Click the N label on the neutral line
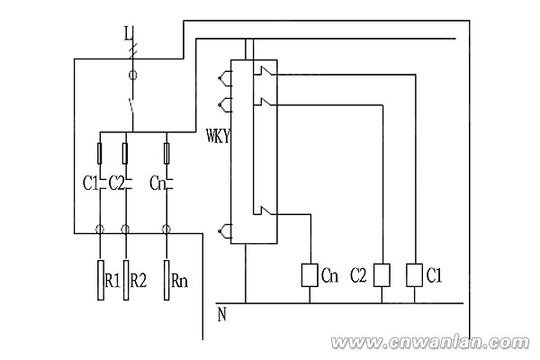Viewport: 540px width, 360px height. click(221, 314)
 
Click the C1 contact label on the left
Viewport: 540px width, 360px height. click(89, 184)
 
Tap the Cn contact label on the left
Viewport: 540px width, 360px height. click(157, 184)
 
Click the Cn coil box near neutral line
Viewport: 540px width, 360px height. click(309, 274)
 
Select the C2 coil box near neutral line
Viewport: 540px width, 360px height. click(382, 274)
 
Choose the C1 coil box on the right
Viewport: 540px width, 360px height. click(415, 274)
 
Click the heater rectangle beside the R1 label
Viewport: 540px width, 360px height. click(99, 278)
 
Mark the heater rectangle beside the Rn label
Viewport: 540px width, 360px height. click(168, 278)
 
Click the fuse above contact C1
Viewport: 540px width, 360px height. click(99, 150)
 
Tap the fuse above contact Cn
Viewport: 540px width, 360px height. click(167, 150)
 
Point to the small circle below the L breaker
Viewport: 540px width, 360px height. click(133, 78)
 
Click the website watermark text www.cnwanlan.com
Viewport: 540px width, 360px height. click(433, 343)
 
